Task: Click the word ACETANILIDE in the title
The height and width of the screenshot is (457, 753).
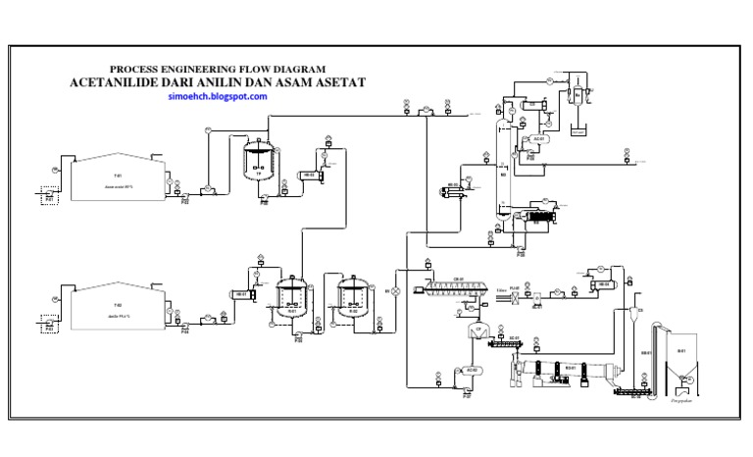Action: click(117, 83)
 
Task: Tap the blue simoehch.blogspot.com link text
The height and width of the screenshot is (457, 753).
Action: click(218, 97)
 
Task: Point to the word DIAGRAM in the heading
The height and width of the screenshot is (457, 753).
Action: click(295, 70)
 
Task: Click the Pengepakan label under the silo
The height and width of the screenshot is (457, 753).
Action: click(679, 400)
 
